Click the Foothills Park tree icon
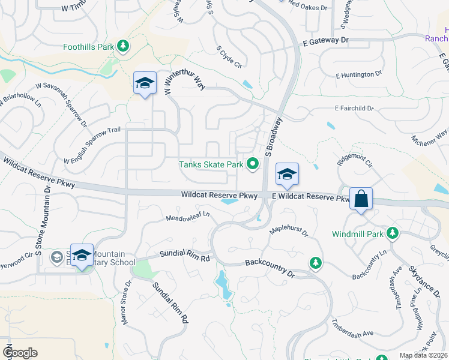pyautogui.click(x=123, y=46)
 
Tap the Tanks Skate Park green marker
pyautogui.click(x=253, y=163)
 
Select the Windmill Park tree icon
pyautogui.click(x=393, y=232)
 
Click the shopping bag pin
pyautogui.click(x=361, y=199)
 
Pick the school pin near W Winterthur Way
pyautogui.click(x=145, y=84)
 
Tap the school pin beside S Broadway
pyautogui.click(x=287, y=175)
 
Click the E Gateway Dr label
pyautogui.click(x=325, y=41)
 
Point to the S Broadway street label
pyautogui.click(x=273, y=134)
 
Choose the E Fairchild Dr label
pyautogui.click(x=354, y=109)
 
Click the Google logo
pyautogui.click(x=20, y=352)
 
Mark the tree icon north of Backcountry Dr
pyautogui.click(x=315, y=262)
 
